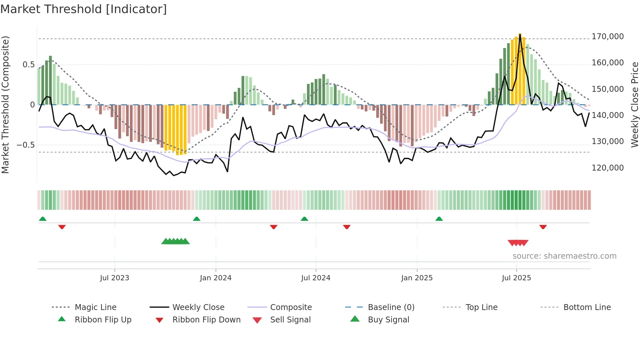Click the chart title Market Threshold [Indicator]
(x=84, y=9)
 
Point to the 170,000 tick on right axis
(x=607, y=37)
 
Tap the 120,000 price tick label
(x=607, y=168)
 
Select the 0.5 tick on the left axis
(x=28, y=65)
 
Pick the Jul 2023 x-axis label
(x=115, y=278)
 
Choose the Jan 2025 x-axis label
(x=417, y=278)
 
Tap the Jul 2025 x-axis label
(x=516, y=278)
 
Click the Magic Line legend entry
(x=95, y=307)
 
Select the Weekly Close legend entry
(x=198, y=307)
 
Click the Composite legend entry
(x=291, y=307)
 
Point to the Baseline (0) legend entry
(x=391, y=307)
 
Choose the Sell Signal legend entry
(x=290, y=320)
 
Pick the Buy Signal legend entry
(x=388, y=320)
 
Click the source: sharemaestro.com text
(x=564, y=256)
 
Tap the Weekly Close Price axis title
(x=634, y=105)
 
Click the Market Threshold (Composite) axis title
(x=5, y=105)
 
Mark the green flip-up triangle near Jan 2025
(x=439, y=219)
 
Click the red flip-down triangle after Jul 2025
(x=543, y=227)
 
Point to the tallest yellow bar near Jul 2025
(x=520, y=69)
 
